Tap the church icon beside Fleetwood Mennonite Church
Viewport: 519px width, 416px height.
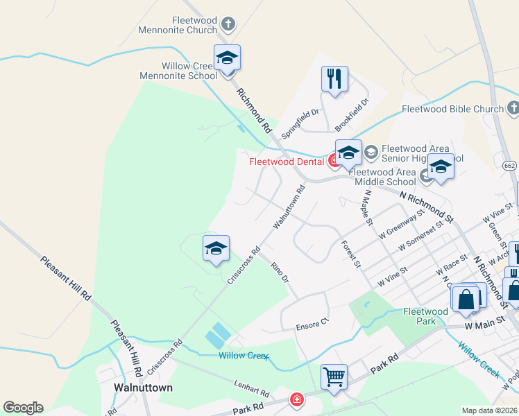228,26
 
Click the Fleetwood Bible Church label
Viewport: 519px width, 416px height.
452,110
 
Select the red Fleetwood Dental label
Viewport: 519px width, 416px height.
287,162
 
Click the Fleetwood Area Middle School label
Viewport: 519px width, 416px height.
384,177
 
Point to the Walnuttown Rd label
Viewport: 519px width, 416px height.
289,207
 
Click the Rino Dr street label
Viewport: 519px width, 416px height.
279,272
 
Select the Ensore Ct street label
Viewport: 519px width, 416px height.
312,325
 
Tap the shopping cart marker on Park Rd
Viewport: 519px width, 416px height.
334,377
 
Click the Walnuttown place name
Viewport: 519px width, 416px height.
143,387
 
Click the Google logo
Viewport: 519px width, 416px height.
23,408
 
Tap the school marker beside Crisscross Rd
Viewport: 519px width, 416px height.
216,249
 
